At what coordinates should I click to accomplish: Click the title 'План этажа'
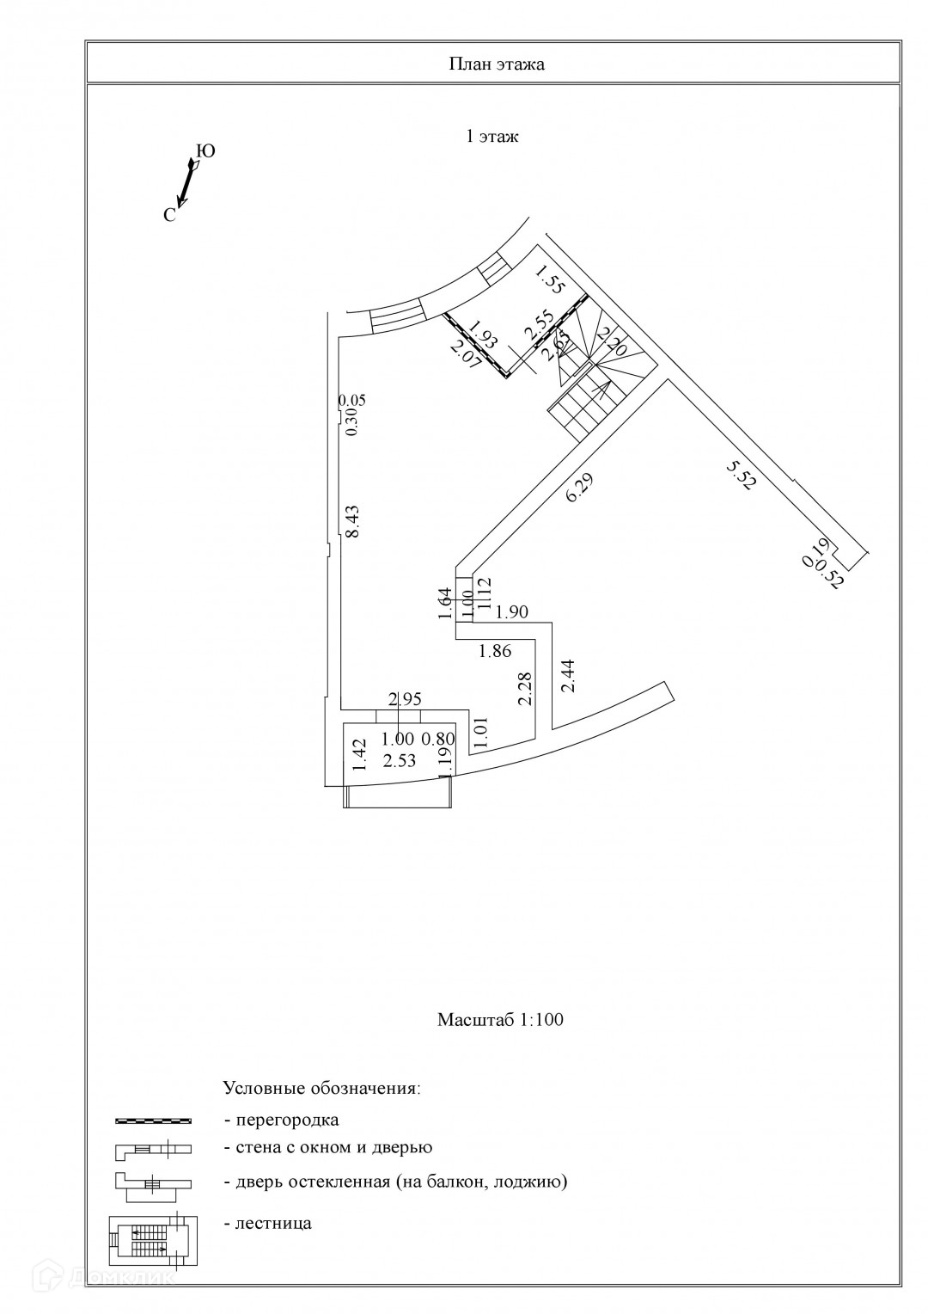tap(497, 64)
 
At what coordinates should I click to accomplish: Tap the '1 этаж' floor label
tap(491, 136)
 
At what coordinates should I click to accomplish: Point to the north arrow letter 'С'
tap(169, 216)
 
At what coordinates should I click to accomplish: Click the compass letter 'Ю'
tap(206, 152)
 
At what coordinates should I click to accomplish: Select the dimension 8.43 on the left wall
tap(351, 521)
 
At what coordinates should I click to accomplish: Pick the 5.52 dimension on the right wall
tap(741, 475)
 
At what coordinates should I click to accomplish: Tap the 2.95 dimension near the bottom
tap(405, 699)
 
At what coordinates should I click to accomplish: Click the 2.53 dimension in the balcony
tap(400, 760)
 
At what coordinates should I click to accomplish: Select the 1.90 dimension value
tap(511, 612)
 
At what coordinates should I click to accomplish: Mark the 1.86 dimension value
tap(496, 651)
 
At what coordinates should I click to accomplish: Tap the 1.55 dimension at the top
tap(549, 280)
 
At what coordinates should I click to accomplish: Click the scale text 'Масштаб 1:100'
tap(500, 1020)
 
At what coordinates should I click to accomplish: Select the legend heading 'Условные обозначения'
tap(322, 1088)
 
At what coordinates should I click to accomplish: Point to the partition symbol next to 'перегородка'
tap(154, 1121)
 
